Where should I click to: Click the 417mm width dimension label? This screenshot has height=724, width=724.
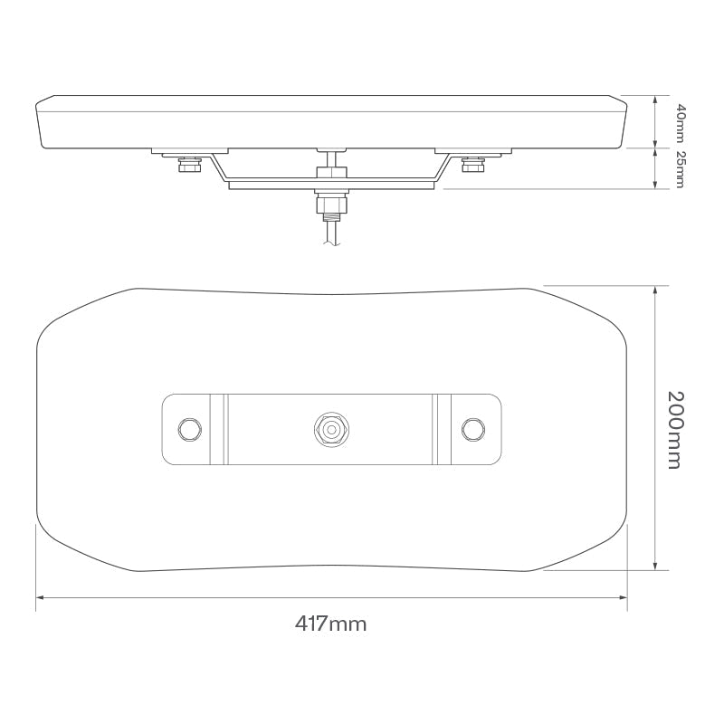click(x=330, y=624)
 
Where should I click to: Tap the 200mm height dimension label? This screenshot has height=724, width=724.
click(x=673, y=429)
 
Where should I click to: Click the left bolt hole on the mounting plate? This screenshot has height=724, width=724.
click(x=189, y=428)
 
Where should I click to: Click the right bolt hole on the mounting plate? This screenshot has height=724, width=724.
click(x=472, y=428)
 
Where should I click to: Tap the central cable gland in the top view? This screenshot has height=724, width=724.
click(x=330, y=428)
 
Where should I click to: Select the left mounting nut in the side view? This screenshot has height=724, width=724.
click(x=190, y=166)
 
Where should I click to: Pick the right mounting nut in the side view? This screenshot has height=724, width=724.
click(x=472, y=166)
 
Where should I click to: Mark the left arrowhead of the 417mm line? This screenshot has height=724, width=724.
click(x=39, y=597)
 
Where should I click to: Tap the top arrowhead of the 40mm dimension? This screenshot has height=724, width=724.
click(x=655, y=97)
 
